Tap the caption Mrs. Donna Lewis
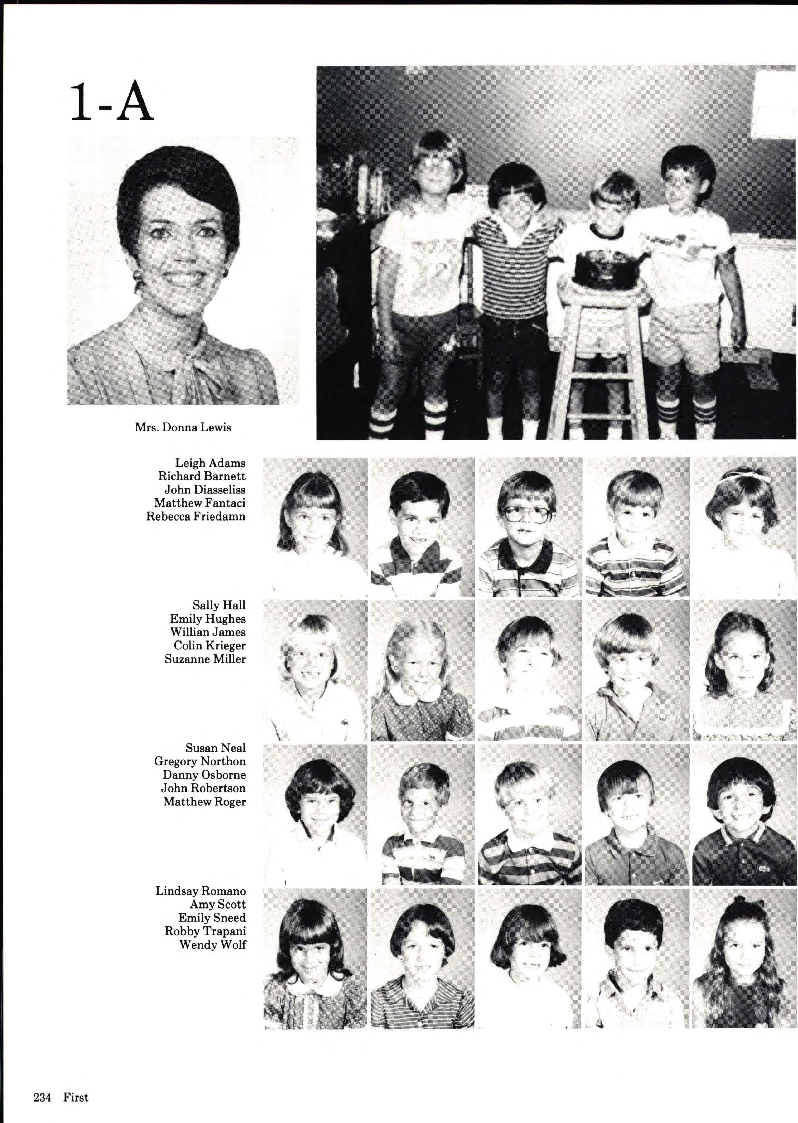(183, 427)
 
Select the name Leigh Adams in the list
(210, 463)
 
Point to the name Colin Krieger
(209, 645)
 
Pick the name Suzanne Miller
(205, 659)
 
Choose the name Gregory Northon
(200, 761)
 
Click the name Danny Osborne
(204, 775)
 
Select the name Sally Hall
(219, 605)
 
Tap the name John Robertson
(203, 788)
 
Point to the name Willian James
(208, 632)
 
